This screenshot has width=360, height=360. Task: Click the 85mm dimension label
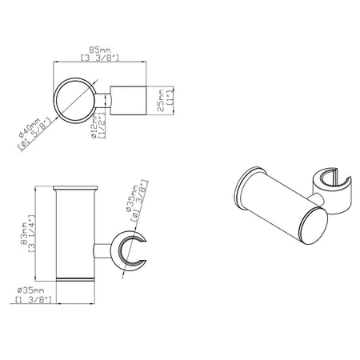[x=99, y=50]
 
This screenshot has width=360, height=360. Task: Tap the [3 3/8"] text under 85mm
[x=99, y=58]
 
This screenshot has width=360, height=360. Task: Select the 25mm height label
[x=161, y=101]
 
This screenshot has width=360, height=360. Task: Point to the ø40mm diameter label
[x=30, y=128]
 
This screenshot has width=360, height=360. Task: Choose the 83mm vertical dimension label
[x=24, y=234]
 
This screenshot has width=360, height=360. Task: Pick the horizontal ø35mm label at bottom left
[x=30, y=290]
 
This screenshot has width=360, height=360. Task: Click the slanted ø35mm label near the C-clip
[x=131, y=198]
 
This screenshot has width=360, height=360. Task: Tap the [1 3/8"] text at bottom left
[x=34, y=299]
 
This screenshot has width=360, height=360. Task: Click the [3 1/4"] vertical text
[x=32, y=234]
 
